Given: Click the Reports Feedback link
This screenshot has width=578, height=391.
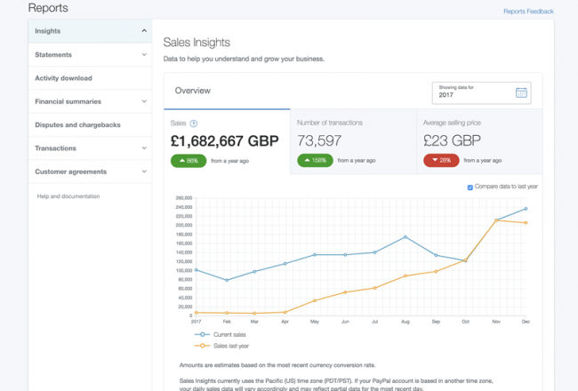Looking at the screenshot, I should click(x=528, y=12).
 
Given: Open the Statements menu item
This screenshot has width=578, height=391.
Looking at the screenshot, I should click(x=53, y=55).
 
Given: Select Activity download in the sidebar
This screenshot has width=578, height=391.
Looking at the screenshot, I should click(x=63, y=78).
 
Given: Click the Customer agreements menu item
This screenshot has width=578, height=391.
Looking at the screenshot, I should click(x=70, y=172).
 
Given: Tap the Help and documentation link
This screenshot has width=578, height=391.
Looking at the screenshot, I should click(x=68, y=196).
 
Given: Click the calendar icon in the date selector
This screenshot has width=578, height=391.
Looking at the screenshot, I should click(x=521, y=92).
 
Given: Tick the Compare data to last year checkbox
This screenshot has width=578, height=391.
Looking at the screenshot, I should click(x=470, y=187).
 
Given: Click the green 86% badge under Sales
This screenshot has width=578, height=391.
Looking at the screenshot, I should click(x=189, y=161).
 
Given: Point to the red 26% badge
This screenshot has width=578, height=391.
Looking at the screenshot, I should click(x=441, y=161).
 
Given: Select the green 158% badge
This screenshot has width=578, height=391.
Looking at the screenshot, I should click(x=315, y=161).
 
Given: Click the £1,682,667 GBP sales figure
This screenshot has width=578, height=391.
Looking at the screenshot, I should click(x=224, y=140).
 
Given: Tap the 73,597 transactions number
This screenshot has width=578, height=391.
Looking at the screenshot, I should click(x=319, y=140).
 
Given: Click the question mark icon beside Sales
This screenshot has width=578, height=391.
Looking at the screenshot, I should click(x=194, y=123).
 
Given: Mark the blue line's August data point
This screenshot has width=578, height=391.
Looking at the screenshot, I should click(x=405, y=237).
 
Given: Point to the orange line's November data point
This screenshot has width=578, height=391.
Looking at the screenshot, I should click(x=496, y=220).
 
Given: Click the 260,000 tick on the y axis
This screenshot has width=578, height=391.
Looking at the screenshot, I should click(x=184, y=197).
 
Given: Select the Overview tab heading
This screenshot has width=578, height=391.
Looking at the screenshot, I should click(x=192, y=91).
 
